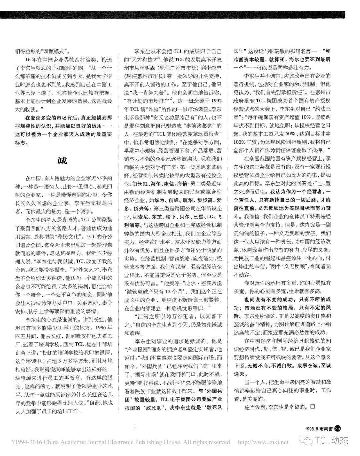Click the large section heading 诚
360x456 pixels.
click(62, 160)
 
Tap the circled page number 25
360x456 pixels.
click(338, 428)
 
